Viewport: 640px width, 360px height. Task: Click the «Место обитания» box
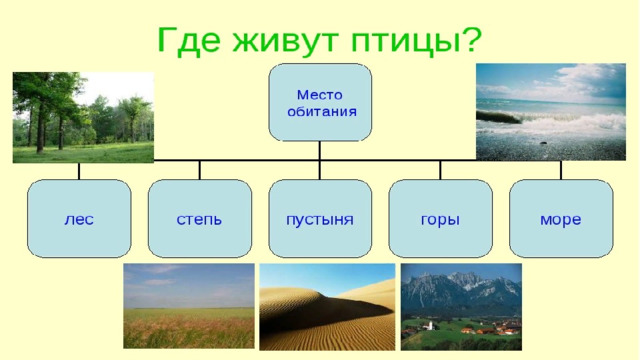coord(320,102)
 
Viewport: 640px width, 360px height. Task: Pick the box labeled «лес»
coord(79,219)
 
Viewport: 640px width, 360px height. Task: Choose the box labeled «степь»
coord(200,219)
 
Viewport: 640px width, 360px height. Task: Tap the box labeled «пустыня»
coord(320,219)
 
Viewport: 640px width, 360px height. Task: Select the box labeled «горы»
coord(440,219)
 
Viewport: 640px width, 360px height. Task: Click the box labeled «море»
coord(561,219)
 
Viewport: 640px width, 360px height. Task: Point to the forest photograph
coord(83,118)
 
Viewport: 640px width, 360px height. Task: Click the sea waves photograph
coord(551,111)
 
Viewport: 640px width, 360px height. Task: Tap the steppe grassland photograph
coord(189,306)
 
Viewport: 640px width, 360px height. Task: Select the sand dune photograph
coord(327,307)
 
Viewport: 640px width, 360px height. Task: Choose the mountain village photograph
coord(461,307)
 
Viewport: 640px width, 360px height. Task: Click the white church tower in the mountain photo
coord(429,325)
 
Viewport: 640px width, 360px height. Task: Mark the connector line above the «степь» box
coord(200,170)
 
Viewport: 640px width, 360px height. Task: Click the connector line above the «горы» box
coord(440,170)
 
